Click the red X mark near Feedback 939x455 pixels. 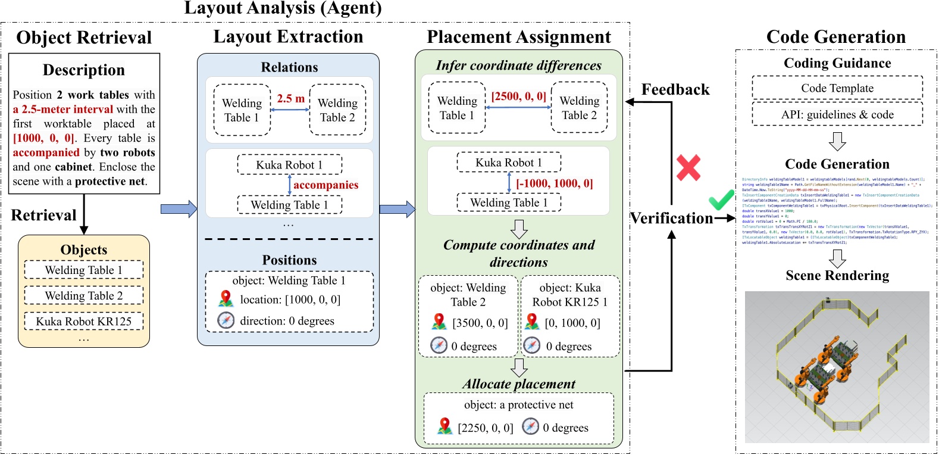(688, 168)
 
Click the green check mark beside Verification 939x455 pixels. (721, 200)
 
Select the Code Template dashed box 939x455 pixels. (837, 88)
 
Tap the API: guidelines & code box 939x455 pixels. (837, 114)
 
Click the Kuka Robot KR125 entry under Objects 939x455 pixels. (84, 322)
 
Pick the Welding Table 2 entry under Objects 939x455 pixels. (84, 295)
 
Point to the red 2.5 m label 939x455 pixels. (290, 98)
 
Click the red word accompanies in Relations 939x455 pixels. (325, 185)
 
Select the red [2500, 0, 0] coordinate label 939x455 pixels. (518, 96)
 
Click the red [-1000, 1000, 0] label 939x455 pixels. (554, 183)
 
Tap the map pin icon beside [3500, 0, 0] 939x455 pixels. (439, 322)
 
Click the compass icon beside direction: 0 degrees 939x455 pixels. (226, 320)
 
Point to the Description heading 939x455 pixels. (84, 70)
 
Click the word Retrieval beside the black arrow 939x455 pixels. (43, 215)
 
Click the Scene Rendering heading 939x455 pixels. (837, 275)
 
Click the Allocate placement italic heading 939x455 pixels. (519, 384)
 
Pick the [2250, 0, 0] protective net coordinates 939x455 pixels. (485, 428)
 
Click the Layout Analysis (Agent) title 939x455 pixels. (283, 8)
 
